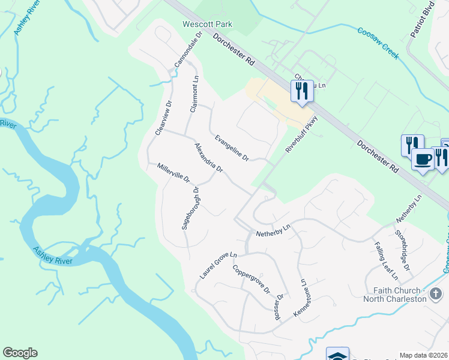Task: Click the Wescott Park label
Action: click(x=207, y=25)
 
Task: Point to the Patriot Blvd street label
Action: click(x=422, y=23)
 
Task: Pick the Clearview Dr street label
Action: click(x=163, y=117)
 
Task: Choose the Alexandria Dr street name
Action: click(x=208, y=158)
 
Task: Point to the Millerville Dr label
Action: click(x=173, y=173)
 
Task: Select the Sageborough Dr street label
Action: click(x=190, y=208)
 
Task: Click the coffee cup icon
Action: click(x=423, y=160)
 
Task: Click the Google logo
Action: click(x=20, y=353)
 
